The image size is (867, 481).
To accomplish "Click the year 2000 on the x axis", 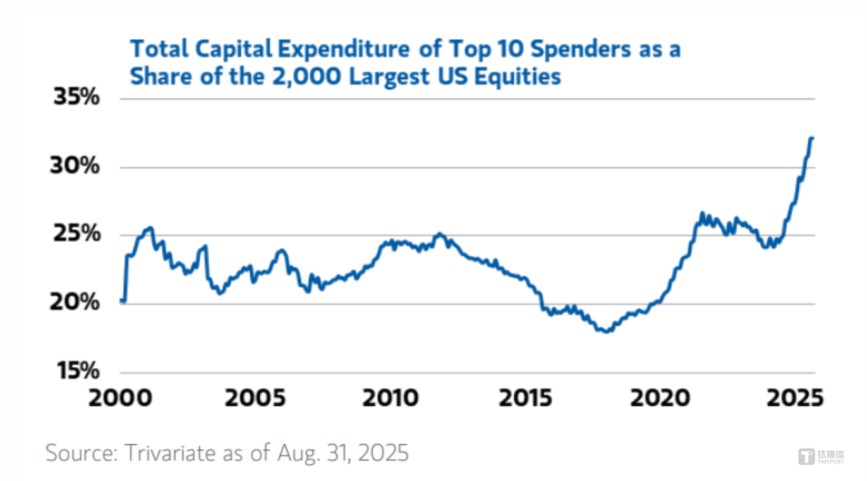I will (x=119, y=399).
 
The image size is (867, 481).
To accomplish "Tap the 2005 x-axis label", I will (x=256, y=399).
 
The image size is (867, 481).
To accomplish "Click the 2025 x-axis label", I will (x=794, y=399).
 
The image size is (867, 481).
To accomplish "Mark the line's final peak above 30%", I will (x=812, y=137).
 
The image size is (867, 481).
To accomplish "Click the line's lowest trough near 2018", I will (x=607, y=331).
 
